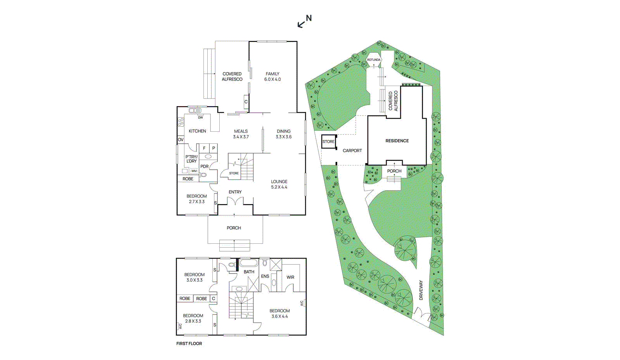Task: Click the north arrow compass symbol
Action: pyautogui.click(x=305, y=21)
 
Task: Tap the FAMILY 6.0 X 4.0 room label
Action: pyautogui.click(x=272, y=76)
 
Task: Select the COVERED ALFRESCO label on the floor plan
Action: pyautogui.click(x=232, y=76)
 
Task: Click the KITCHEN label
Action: pyautogui.click(x=197, y=131)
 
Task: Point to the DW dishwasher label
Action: pyautogui.click(x=200, y=117)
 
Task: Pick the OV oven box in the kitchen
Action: pyautogui.click(x=181, y=140)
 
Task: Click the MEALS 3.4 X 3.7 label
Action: pyautogui.click(x=241, y=134)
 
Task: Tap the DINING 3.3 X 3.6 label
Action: pyautogui.click(x=284, y=134)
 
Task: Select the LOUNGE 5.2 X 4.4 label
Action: pyautogui.click(x=279, y=184)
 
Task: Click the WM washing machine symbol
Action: pyautogui.click(x=194, y=171)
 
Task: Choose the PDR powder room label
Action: pyautogui.click(x=204, y=167)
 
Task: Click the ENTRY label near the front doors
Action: pyautogui.click(x=235, y=192)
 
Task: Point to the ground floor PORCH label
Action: pyautogui.click(x=234, y=228)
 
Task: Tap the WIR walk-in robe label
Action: pyautogui.click(x=290, y=277)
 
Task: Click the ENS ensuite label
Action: pyautogui.click(x=265, y=276)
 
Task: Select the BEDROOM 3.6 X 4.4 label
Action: pyautogui.click(x=279, y=313)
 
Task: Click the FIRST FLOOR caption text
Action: pyautogui.click(x=189, y=343)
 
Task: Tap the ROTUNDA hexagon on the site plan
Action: pyautogui.click(x=374, y=60)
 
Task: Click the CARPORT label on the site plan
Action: pyautogui.click(x=352, y=150)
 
